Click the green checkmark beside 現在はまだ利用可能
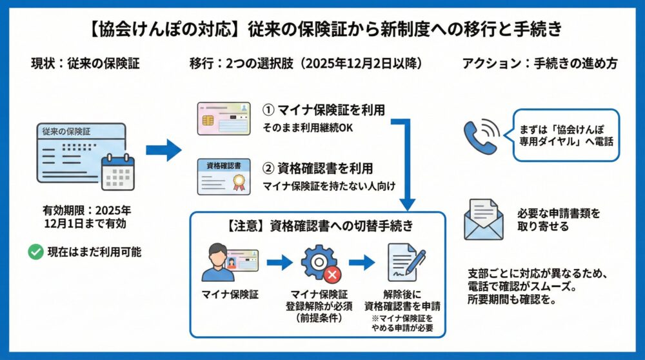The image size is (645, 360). pos(35,252)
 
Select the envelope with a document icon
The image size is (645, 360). pos(483,219)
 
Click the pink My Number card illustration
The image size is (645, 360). pos(223,117)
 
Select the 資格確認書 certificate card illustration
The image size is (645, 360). pos(223,177)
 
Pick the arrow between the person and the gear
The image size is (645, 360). pos(279,263)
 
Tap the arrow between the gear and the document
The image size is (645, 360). pos(361,263)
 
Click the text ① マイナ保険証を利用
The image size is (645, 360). pos(324,110)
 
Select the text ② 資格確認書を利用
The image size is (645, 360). pos(317,169)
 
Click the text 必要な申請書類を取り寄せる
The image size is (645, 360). pos(559,219)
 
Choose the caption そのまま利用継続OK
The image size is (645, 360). pos(308,128)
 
